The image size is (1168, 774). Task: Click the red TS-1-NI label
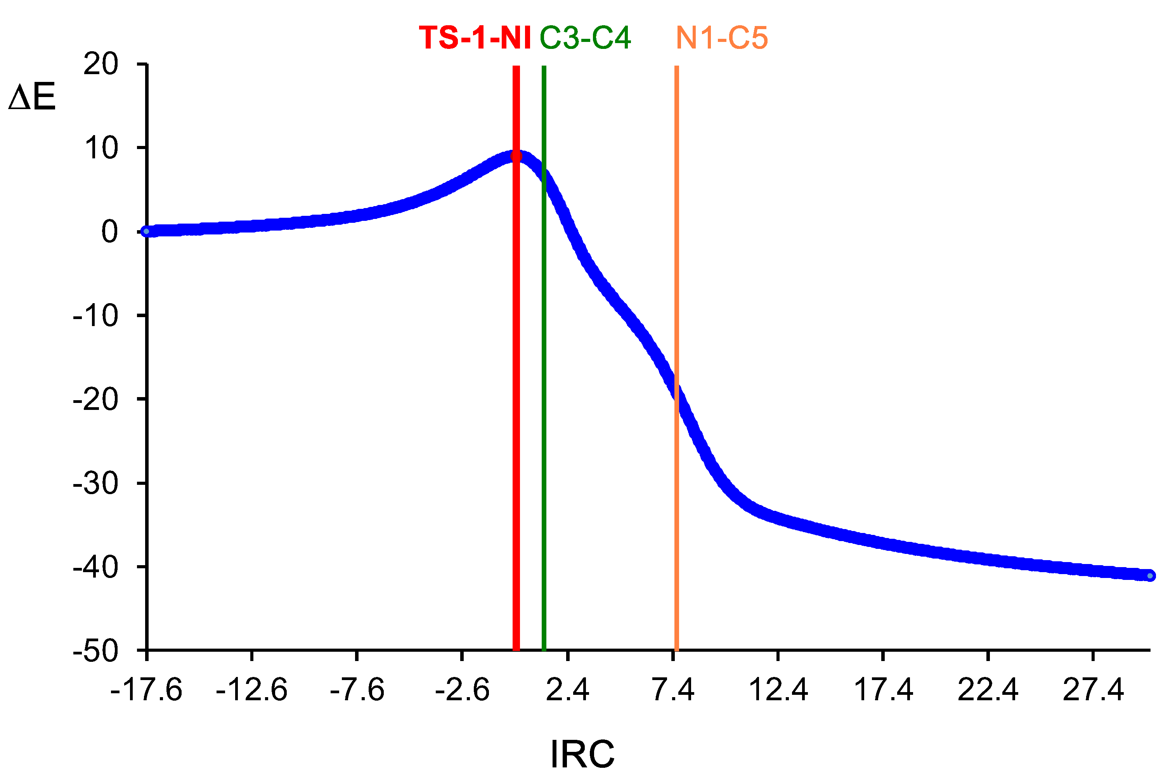[475, 38]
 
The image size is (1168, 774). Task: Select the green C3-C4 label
[585, 38]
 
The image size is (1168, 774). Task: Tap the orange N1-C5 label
[721, 38]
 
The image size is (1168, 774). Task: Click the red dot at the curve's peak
[516, 156]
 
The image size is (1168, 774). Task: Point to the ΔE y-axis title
[32, 97]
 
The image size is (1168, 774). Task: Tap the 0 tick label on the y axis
[109, 231]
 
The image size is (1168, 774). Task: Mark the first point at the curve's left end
[146, 231]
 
